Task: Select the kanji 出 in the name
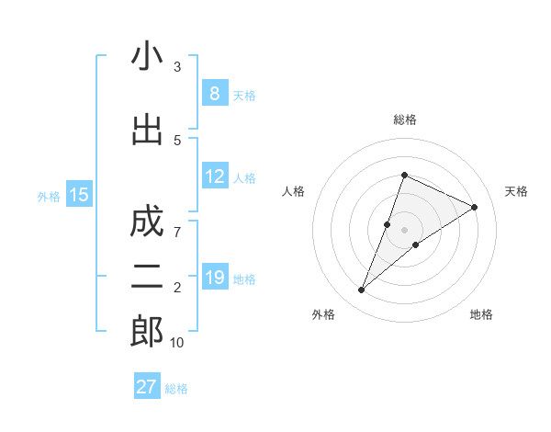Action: (147, 131)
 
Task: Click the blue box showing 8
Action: (214, 94)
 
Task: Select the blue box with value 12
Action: (214, 176)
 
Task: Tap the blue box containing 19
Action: (214, 278)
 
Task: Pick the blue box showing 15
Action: (79, 194)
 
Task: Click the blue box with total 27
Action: (147, 387)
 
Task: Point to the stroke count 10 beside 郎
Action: (176, 343)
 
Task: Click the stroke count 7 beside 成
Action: (177, 233)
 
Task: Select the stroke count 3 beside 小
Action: (177, 67)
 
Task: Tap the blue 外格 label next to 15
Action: (49, 196)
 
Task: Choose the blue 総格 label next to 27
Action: (176, 389)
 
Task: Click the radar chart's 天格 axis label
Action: (516, 191)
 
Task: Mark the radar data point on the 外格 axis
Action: (361, 290)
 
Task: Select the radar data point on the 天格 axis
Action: (475, 208)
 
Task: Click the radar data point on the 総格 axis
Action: (404, 175)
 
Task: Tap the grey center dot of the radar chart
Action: (404, 230)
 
